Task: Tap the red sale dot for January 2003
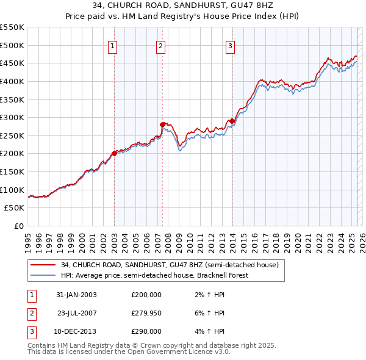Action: [x=114, y=153]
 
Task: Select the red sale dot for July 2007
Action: [x=163, y=124]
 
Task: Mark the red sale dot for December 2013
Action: [x=232, y=121]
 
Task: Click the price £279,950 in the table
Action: [x=146, y=313]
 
